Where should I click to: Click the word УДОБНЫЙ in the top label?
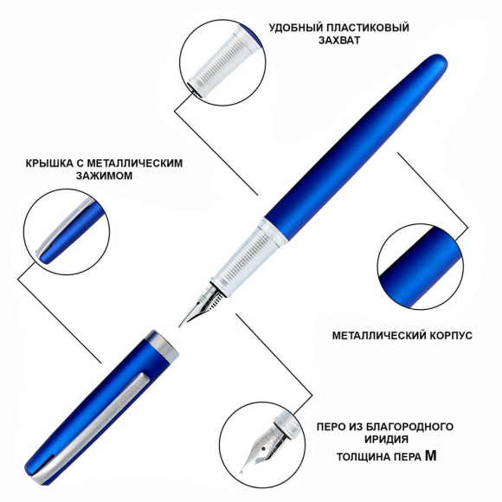pos(294,28)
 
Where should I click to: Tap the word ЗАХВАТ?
pos(339,41)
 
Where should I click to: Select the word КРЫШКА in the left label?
pos(49,164)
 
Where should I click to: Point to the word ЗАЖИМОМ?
pos(104,176)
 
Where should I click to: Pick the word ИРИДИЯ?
pos(386,440)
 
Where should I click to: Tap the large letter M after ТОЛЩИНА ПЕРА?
pos(431,455)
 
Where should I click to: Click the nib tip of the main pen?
pos(180,326)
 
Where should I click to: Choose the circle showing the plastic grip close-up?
pos(222,62)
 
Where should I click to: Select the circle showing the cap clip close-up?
pos(67,232)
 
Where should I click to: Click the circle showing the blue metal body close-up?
pos(421,267)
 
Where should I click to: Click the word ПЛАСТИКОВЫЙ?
pos(365,28)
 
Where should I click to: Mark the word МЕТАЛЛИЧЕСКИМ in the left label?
pos(134,164)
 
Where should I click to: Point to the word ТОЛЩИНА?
pos(358,457)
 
